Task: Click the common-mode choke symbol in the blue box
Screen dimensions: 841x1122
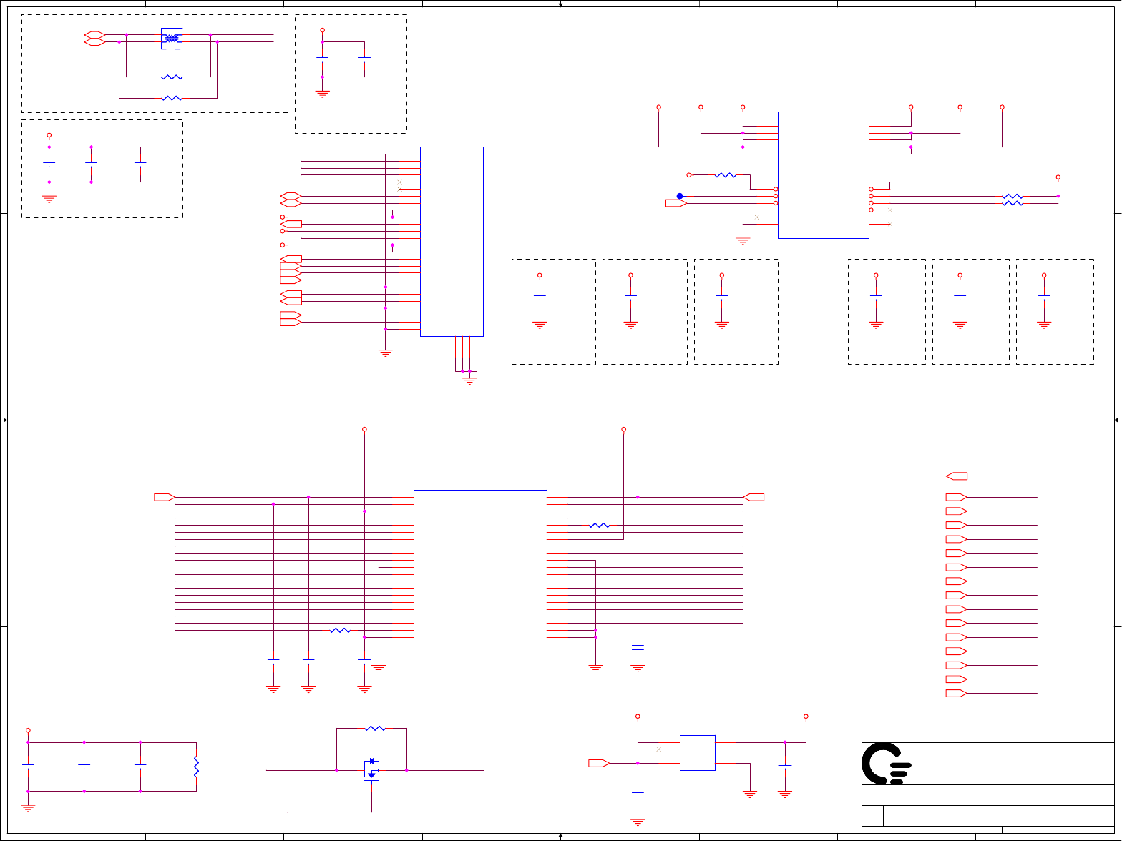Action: [x=171, y=39]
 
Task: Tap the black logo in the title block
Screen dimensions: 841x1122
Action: [x=886, y=763]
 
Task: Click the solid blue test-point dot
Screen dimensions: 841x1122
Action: [x=680, y=196]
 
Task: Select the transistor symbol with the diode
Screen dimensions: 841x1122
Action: [x=371, y=770]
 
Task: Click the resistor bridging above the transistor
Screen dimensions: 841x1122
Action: [x=374, y=729]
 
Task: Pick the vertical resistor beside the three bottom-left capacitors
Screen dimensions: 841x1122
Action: [x=196, y=767]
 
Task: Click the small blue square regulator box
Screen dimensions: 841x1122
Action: [x=697, y=753]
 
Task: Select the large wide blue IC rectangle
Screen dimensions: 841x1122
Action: [x=480, y=566]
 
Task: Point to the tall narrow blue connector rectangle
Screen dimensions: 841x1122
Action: [x=452, y=241]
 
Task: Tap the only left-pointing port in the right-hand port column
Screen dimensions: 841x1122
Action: [x=956, y=476]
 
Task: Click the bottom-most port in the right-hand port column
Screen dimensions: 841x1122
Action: [x=956, y=694]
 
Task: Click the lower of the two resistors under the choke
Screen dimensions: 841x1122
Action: [x=172, y=98]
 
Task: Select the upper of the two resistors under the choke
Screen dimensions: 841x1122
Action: [x=172, y=77]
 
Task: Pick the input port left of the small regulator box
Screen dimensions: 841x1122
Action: [x=598, y=763]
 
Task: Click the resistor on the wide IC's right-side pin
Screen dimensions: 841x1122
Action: [x=599, y=526]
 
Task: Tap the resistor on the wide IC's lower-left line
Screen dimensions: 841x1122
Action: [x=340, y=630]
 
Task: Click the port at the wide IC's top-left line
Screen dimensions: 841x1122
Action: [x=165, y=497]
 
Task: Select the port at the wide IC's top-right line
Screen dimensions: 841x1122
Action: [x=753, y=497]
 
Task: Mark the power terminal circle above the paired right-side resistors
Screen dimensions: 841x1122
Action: [x=1058, y=177]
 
